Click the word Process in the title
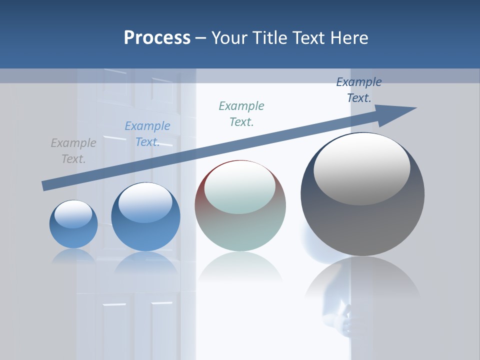pyautogui.click(x=157, y=38)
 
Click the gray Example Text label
pyautogui.click(x=73, y=151)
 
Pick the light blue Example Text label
pyautogui.click(x=147, y=134)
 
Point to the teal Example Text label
pyautogui.click(x=241, y=114)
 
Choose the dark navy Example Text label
pyautogui.click(x=359, y=90)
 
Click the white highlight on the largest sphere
pyautogui.click(x=362, y=169)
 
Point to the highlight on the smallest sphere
pyautogui.click(x=73, y=214)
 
